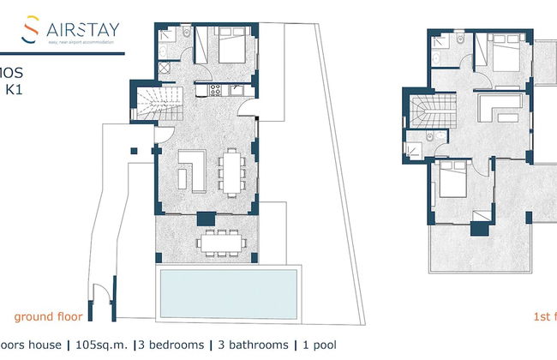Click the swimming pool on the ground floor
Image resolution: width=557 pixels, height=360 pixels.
[227, 291]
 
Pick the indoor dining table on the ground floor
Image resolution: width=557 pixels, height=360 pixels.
[229, 170]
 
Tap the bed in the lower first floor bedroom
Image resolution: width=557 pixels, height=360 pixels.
[451, 184]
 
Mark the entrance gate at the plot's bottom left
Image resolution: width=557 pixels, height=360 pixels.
[101, 299]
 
